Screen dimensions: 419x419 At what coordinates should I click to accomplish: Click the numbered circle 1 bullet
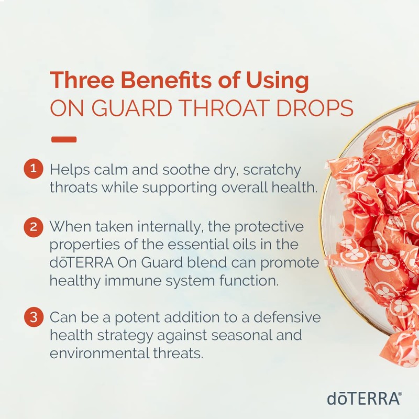click(33, 170)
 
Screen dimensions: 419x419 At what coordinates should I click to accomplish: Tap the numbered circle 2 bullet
click(33, 227)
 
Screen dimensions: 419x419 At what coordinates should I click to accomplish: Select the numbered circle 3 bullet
click(33, 317)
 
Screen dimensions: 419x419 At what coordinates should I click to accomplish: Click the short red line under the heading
click(64, 140)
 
